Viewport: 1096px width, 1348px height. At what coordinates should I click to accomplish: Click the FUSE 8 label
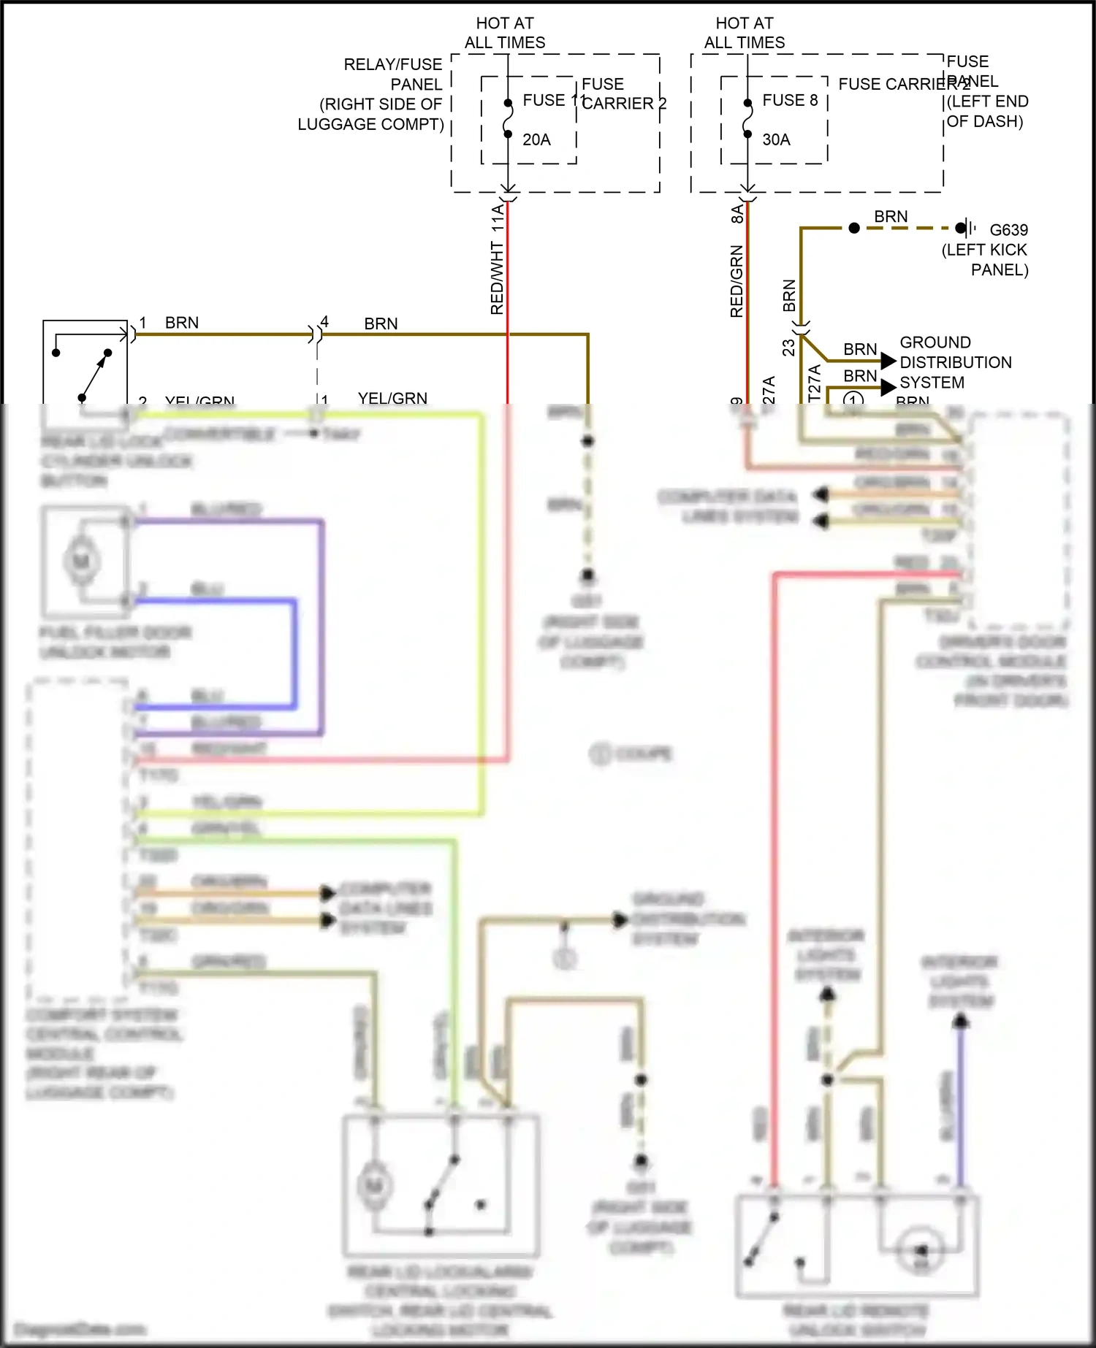[790, 100]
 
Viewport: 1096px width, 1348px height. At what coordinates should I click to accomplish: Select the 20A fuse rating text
[536, 139]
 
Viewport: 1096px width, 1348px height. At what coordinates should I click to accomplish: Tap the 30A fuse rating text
[776, 139]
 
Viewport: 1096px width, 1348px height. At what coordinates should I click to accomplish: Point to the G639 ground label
[1008, 230]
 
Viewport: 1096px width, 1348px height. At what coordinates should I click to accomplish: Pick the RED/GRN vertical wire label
[737, 281]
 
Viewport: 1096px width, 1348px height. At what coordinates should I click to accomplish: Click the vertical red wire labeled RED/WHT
[508, 292]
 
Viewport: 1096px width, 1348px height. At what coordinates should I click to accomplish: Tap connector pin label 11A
[498, 218]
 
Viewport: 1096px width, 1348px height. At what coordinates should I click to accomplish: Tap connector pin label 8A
[737, 214]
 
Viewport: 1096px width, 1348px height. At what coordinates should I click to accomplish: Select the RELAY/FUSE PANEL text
[393, 74]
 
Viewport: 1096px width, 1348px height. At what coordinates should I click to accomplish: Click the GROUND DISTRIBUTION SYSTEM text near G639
[955, 362]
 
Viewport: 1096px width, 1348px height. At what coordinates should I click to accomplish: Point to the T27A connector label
[815, 383]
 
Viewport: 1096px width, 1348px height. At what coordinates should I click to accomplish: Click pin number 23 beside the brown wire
[788, 347]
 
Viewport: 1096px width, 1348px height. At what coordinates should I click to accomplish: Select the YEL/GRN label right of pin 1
[392, 398]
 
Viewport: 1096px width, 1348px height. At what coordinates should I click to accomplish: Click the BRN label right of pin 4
[381, 323]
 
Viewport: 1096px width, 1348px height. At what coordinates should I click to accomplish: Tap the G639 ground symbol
[966, 228]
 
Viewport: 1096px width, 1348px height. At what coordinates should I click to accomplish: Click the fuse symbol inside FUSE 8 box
[747, 118]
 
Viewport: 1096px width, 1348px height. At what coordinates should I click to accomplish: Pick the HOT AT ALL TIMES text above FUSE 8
[745, 33]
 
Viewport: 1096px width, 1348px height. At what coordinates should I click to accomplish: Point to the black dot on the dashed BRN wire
[854, 228]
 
